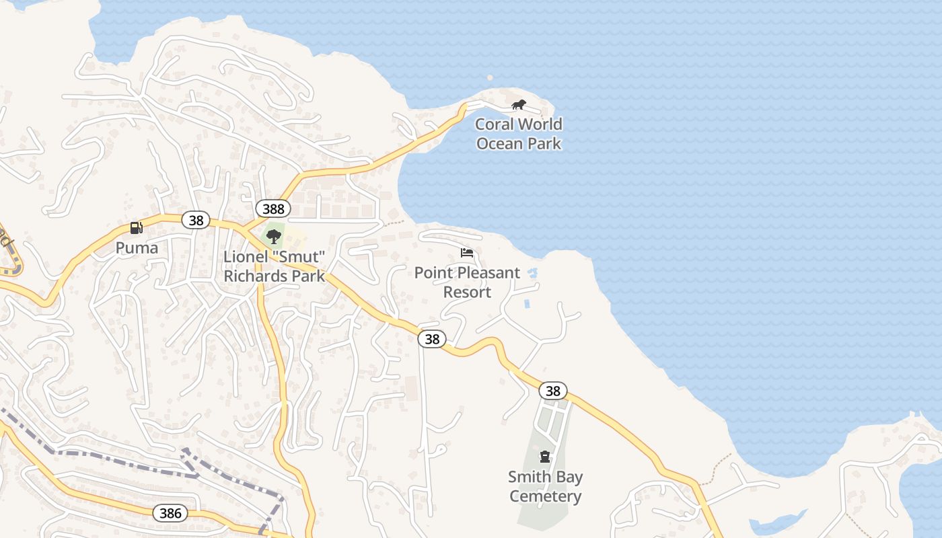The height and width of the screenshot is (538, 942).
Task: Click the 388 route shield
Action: (x=273, y=208)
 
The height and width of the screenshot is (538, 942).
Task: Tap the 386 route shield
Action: (x=171, y=513)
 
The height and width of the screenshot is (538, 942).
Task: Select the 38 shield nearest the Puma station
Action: (x=196, y=220)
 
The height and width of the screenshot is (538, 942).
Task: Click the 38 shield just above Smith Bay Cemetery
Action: (x=552, y=391)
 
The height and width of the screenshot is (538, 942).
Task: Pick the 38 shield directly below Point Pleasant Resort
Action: (x=432, y=339)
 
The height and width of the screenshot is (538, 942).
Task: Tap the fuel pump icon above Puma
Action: (x=137, y=228)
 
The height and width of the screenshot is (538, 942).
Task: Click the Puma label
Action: (x=137, y=247)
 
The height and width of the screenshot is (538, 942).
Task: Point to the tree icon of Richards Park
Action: (x=273, y=236)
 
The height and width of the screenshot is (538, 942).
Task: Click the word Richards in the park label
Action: (x=252, y=276)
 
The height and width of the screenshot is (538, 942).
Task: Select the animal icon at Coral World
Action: (x=518, y=104)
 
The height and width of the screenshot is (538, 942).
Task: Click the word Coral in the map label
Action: (x=499, y=124)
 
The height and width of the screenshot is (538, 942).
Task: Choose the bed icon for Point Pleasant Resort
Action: (x=467, y=253)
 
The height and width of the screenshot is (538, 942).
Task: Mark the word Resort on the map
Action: (x=467, y=292)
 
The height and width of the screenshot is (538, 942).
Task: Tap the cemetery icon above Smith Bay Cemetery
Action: (x=545, y=457)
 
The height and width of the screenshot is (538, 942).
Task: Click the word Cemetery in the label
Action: (x=545, y=496)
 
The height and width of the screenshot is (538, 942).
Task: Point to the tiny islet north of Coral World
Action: (x=490, y=78)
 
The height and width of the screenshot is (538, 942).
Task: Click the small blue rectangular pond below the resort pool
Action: (x=527, y=304)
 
